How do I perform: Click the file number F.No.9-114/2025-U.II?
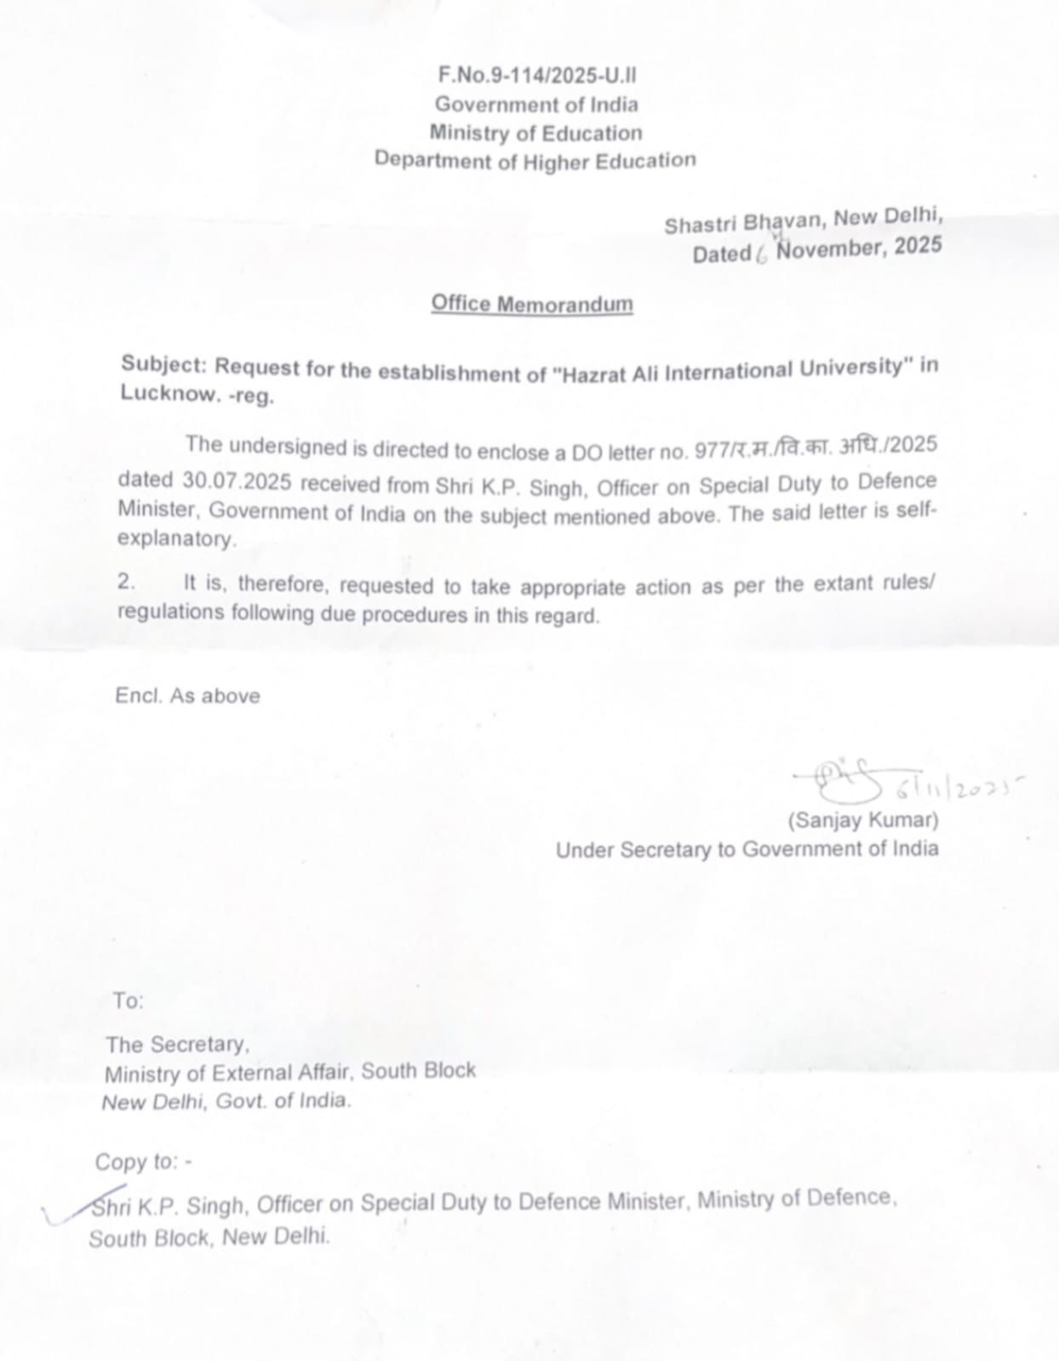[536, 76]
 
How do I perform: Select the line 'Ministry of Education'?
[535, 133]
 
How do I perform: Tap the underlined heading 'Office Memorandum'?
[531, 304]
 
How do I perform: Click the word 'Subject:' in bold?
[163, 365]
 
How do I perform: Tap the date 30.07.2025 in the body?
[237, 481]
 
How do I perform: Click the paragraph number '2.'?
[127, 583]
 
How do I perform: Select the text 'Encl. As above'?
[187, 696]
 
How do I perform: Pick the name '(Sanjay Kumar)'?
[862, 821]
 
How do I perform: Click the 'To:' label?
[129, 1001]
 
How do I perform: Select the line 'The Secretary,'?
[177, 1045]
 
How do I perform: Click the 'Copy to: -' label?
[143, 1162]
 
